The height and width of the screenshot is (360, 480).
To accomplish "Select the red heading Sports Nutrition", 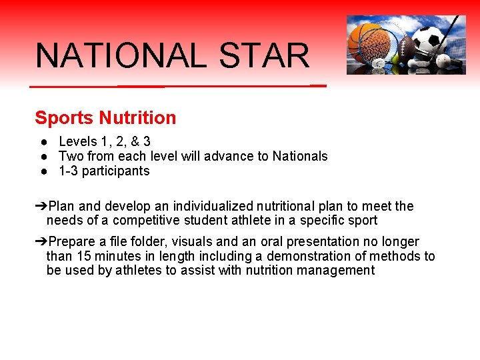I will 105,118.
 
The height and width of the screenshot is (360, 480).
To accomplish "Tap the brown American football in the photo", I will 406,49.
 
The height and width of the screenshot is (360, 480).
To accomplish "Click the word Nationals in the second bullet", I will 299,157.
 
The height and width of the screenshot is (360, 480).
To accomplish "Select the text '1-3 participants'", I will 104,171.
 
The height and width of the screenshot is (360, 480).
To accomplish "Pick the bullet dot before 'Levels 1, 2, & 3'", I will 43,142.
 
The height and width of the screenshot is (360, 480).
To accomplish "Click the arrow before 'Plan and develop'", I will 41,207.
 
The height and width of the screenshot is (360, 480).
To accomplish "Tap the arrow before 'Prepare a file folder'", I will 41,242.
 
